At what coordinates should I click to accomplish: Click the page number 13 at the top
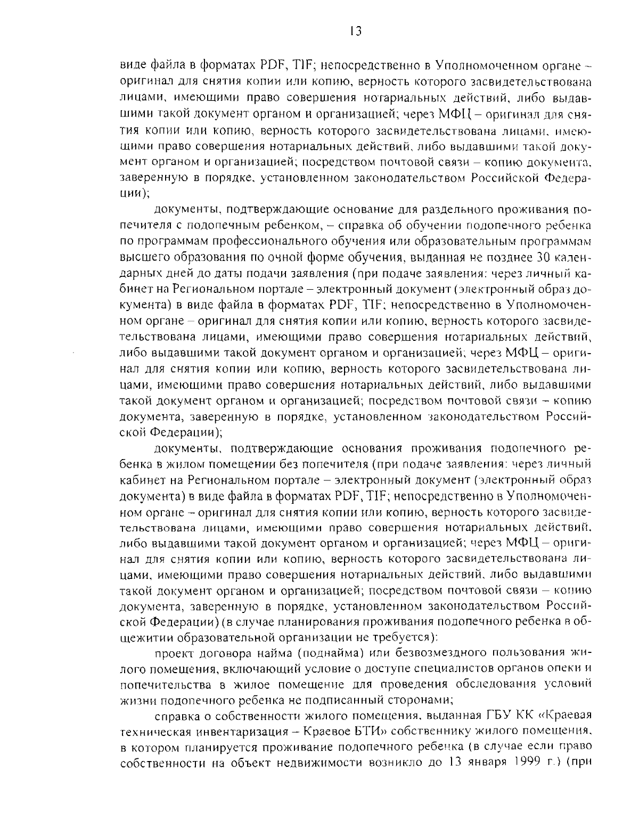[x=356, y=31]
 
